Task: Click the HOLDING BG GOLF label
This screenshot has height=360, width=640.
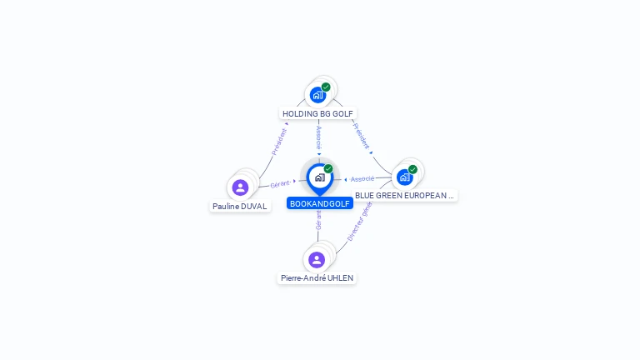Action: pyautogui.click(x=319, y=113)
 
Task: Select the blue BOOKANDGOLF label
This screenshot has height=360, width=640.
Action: pyautogui.click(x=319, y=203)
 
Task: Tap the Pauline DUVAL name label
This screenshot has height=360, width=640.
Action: pyautogui.click(x=240, y=206)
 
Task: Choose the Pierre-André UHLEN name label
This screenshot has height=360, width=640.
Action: pyautogui.click(x=317, y=278)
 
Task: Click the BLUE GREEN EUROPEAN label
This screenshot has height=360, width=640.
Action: pyautogui.click(x=405, y=196)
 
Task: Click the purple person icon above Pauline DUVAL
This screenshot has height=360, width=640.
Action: pyautogui.click(x=241, y=187)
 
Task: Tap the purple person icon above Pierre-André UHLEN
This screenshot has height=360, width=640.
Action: pyautogui.click(x=317, y=259)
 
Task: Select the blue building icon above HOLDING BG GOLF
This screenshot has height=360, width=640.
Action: pyautogui.click(x=317, y=95)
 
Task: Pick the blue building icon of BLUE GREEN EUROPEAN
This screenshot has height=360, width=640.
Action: pyautogui.click(x=405, y=177)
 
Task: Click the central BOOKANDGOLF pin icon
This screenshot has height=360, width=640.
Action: pyautogui.click(x=319, y=177)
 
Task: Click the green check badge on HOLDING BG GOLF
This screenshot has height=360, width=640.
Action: pyautogui.click(x=326, y=87)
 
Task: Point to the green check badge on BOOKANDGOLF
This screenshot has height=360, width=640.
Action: pyautogui.click(x=328, y=169)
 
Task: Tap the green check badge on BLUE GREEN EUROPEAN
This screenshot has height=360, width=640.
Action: pyautogui.click(x=412, y=169)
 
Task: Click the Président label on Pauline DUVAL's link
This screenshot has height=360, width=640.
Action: pyautogui.click(x=279, y=142)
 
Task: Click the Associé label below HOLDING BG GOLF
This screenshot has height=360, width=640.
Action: pyautogui.click(x=319, y=138)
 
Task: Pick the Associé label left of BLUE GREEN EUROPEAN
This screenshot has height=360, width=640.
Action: pyautogui.click(x=362, y=179)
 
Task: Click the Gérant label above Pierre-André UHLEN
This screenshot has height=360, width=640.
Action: pyautogui.click(x=318, y=220)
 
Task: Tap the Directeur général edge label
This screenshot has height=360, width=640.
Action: pyautogui.click(x=358, y=222)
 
